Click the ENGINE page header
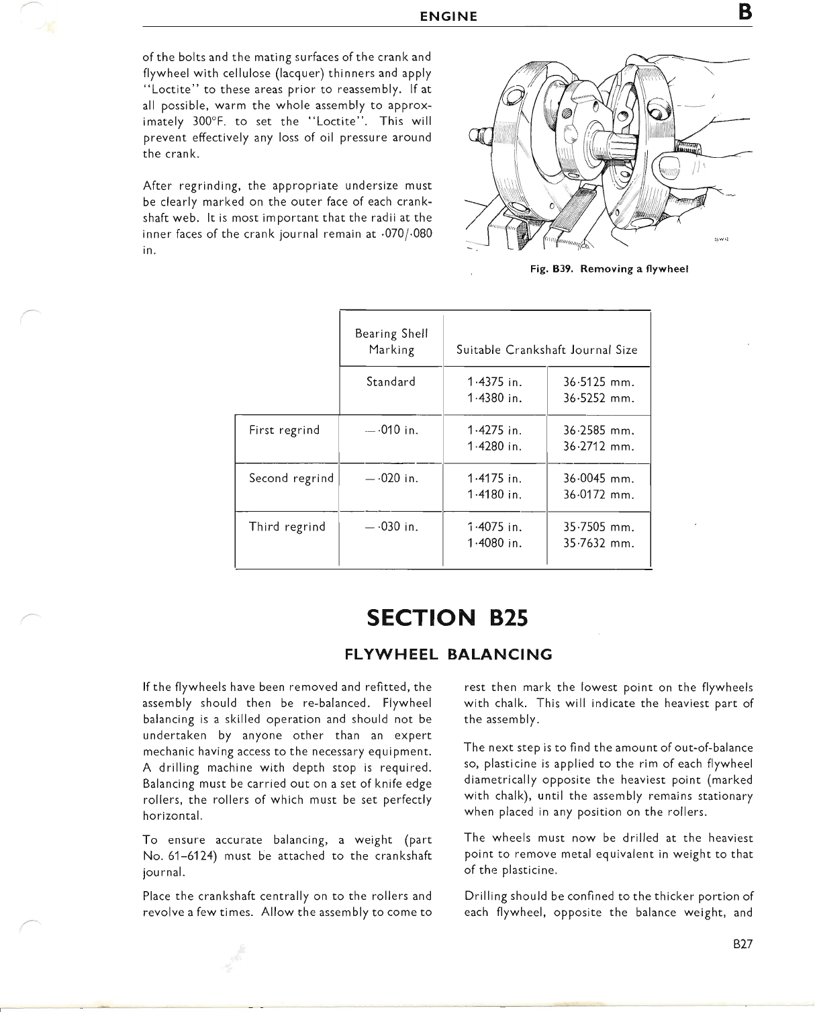coord(448,17)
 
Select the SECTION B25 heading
coord(448,617)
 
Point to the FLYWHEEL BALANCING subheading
coord(448,654)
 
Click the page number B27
coord(743,944)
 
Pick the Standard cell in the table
coord(391,382)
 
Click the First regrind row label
coord(285,430)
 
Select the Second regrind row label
coord(291,478)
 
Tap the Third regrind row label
coord(287,526)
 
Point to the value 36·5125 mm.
coord(599,382)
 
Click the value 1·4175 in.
coord(494,479)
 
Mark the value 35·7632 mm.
coord(599,543)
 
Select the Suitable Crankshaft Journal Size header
coord(546,350)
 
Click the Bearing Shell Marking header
coord(391,342)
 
